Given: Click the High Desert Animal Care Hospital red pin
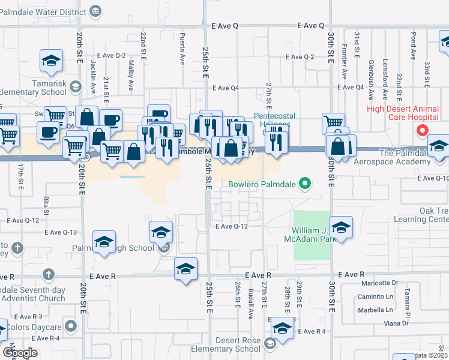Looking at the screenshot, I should pyautogui.click(x=422, y=130).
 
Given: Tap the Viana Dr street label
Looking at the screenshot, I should pyautogui.click(x=397, y=323).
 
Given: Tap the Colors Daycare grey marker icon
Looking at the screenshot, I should pyautogui.click(x=72, y=327).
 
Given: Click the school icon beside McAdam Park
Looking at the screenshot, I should pyautogui.click(x=341, y=227).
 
